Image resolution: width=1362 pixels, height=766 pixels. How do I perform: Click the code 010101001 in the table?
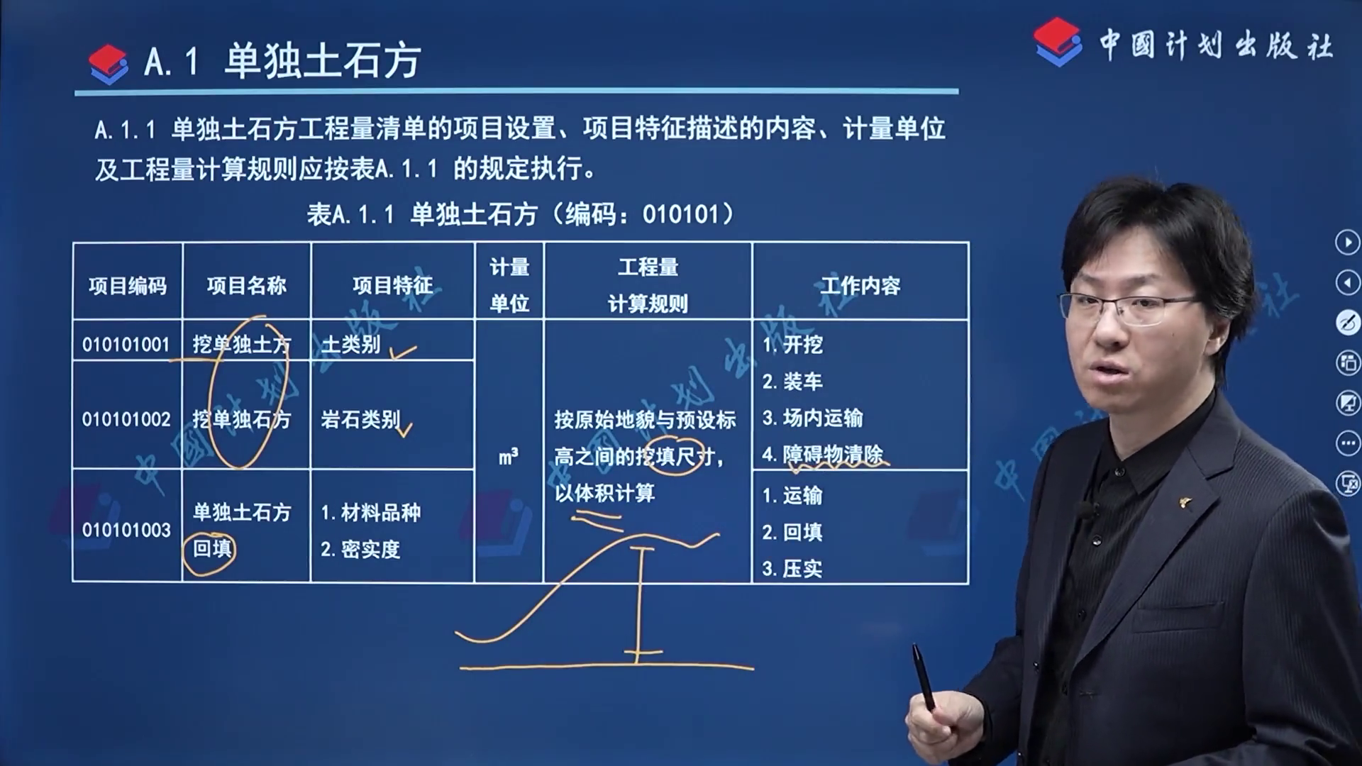click(x=126, y=345)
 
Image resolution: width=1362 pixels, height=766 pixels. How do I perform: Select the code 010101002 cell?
click(x=126, y=419)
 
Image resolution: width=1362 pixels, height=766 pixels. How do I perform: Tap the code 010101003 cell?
click(x=126, y=530)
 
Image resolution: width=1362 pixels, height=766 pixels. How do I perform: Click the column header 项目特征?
click(x=392, y=285)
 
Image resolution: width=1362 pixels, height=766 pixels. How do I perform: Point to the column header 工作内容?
click(x=860, y=285)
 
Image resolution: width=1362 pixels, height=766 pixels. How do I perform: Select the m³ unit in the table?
click(x=508, y=456)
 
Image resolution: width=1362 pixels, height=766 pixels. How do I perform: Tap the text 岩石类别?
click(x=360, y=419)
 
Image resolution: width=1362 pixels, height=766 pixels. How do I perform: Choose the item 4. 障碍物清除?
click(x=823, y=454)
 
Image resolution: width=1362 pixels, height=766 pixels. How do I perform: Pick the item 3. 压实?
click(x=792, y=568)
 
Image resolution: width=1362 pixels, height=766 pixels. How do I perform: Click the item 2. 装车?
click(x=792, y=382)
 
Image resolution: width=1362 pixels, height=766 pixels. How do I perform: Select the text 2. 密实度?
click(x=360, y=549)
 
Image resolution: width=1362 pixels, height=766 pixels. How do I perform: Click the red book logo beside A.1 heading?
click(x=109, y=64)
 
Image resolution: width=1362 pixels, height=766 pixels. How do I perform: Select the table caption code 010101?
click(x=680, y=213)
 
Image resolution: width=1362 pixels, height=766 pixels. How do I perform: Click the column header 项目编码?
click(x=128, y=285)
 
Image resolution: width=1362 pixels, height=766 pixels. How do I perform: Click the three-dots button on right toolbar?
click(x=1347, y=444)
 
